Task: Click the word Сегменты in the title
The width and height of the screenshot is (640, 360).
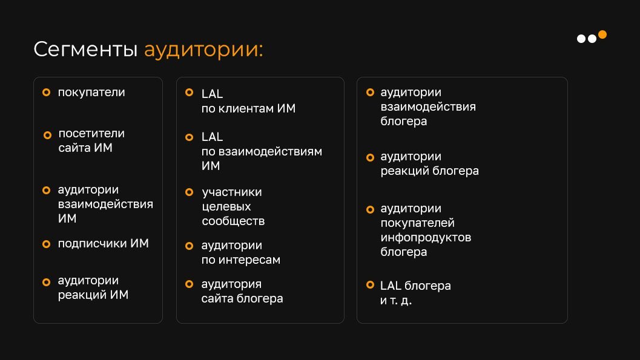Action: [85, 50]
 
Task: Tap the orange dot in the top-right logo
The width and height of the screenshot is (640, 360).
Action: [602, 34]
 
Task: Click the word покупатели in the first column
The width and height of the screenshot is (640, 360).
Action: [91, 93]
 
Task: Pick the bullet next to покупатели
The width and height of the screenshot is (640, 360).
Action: [47, 93]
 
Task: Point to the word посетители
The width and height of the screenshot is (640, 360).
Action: [91, 133]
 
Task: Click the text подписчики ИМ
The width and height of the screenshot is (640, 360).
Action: [104, 243]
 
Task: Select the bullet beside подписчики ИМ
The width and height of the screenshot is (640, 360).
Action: [47, 244]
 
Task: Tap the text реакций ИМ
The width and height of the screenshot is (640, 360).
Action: [93, 295]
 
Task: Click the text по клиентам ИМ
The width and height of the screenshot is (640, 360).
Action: [248, 108]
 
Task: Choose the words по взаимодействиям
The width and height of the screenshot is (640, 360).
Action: [262, 152]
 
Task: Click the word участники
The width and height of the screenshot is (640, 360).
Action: [232, 192]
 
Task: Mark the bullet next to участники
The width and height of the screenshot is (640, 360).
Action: [190, 192]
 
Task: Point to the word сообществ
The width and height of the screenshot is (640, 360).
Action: [233, 221]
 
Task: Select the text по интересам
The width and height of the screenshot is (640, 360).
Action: [241, 260]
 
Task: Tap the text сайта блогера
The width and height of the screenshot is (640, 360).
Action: [242, 299]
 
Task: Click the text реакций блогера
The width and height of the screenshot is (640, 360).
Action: [429, 171]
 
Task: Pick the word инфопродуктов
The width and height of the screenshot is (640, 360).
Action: [426, 238]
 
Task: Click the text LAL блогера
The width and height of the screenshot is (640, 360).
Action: [415, 286]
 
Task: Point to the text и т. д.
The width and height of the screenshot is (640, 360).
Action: [396, 301]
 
